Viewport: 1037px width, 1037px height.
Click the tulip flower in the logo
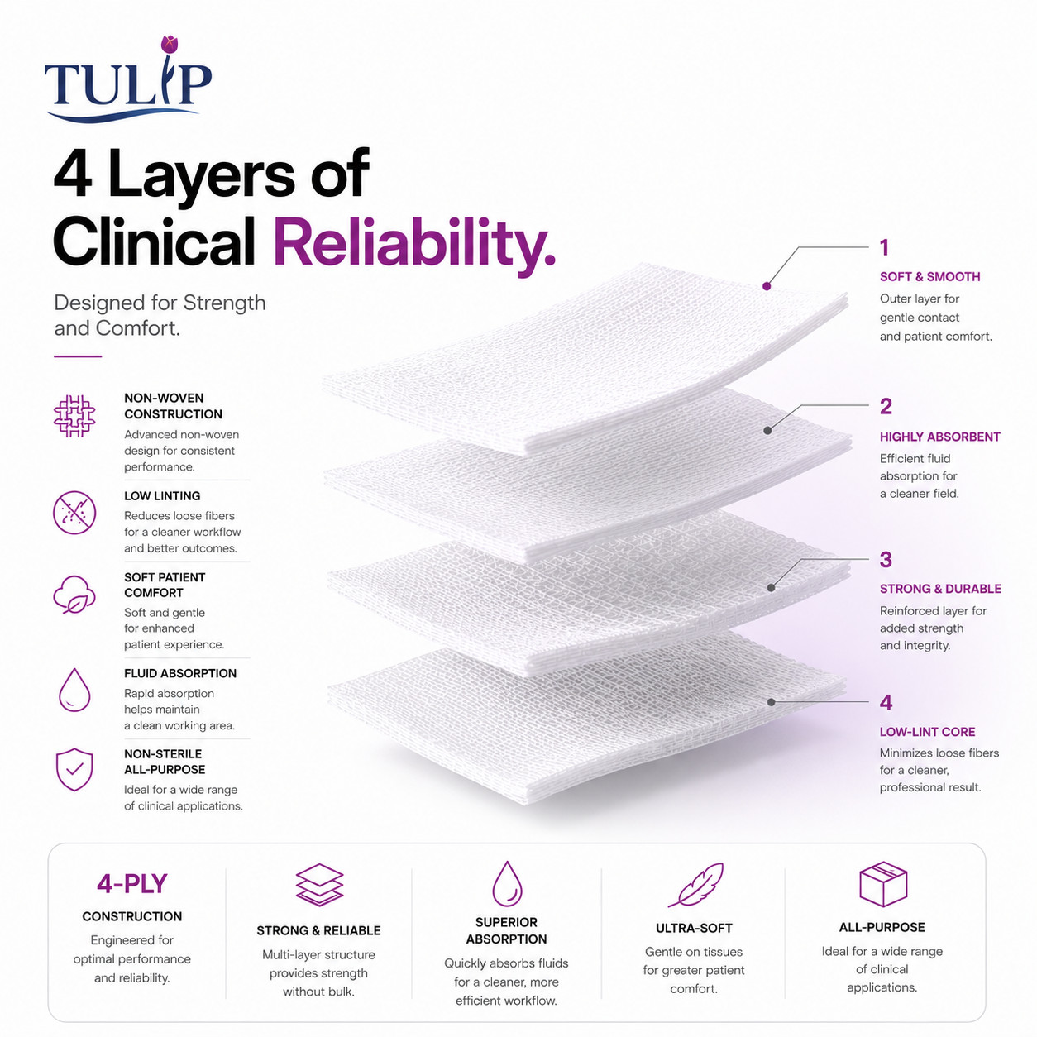pos(169,45)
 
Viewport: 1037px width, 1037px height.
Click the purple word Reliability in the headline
pos(413,243)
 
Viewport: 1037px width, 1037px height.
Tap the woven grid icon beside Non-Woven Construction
pos(74,416)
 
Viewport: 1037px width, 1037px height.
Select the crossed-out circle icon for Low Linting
pos(74,513)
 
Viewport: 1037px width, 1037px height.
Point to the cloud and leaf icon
pos(74,594)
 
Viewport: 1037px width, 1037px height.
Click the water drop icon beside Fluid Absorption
pos(74,690)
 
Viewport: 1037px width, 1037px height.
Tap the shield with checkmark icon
pos(74,770)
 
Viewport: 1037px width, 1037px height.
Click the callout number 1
pos(884,247)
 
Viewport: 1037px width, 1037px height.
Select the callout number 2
pos(886,406)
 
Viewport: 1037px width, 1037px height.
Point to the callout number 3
pos(886,560)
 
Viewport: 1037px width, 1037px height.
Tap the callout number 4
pos(886,702)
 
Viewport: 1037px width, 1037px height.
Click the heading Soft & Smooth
pos(930,276)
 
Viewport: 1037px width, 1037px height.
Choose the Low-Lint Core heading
pos(927,732)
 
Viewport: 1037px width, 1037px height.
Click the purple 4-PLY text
pos(131,884)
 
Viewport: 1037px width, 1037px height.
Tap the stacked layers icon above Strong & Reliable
pos(319,885)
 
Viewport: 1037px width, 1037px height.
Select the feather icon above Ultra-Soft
pos(695,884)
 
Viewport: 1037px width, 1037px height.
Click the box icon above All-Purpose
pos(883,884)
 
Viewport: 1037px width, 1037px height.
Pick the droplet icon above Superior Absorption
pos(507,884)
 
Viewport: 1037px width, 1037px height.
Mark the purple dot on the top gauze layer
pos(767,286)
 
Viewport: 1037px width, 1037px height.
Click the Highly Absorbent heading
pos(940,437)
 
